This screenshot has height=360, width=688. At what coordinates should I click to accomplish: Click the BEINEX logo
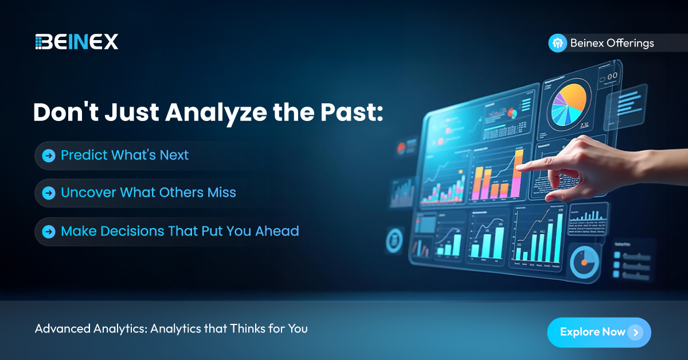pos(76,41)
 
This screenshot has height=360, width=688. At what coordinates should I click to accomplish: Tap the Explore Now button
pos(599,332)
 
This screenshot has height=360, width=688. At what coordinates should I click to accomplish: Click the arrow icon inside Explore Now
pos(635,332)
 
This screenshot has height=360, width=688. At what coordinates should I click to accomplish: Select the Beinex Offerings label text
pos(612,43)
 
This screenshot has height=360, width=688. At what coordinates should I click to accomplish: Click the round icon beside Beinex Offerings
pos(557,43)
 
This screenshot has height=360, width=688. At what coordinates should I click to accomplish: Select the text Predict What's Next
pos(124,155)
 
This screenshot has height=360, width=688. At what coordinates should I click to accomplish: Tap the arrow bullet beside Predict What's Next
pos(49,155)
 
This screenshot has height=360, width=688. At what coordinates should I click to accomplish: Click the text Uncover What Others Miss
pos(148,193)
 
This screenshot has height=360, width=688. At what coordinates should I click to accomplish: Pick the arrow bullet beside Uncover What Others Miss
pos(49,193)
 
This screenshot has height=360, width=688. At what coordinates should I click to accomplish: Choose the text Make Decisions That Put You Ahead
pos(179,231)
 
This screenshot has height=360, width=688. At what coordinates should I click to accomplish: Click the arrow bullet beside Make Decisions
pos(49,232)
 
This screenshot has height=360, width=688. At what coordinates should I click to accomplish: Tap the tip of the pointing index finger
pos(518,167)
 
